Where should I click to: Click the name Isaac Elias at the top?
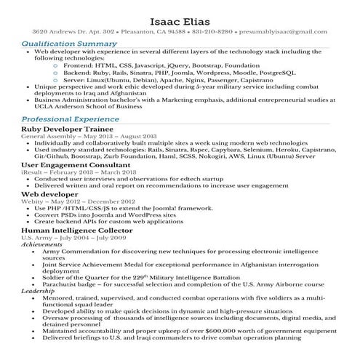[x=180, y=18]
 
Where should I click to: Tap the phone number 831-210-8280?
[x=214, y=32]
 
